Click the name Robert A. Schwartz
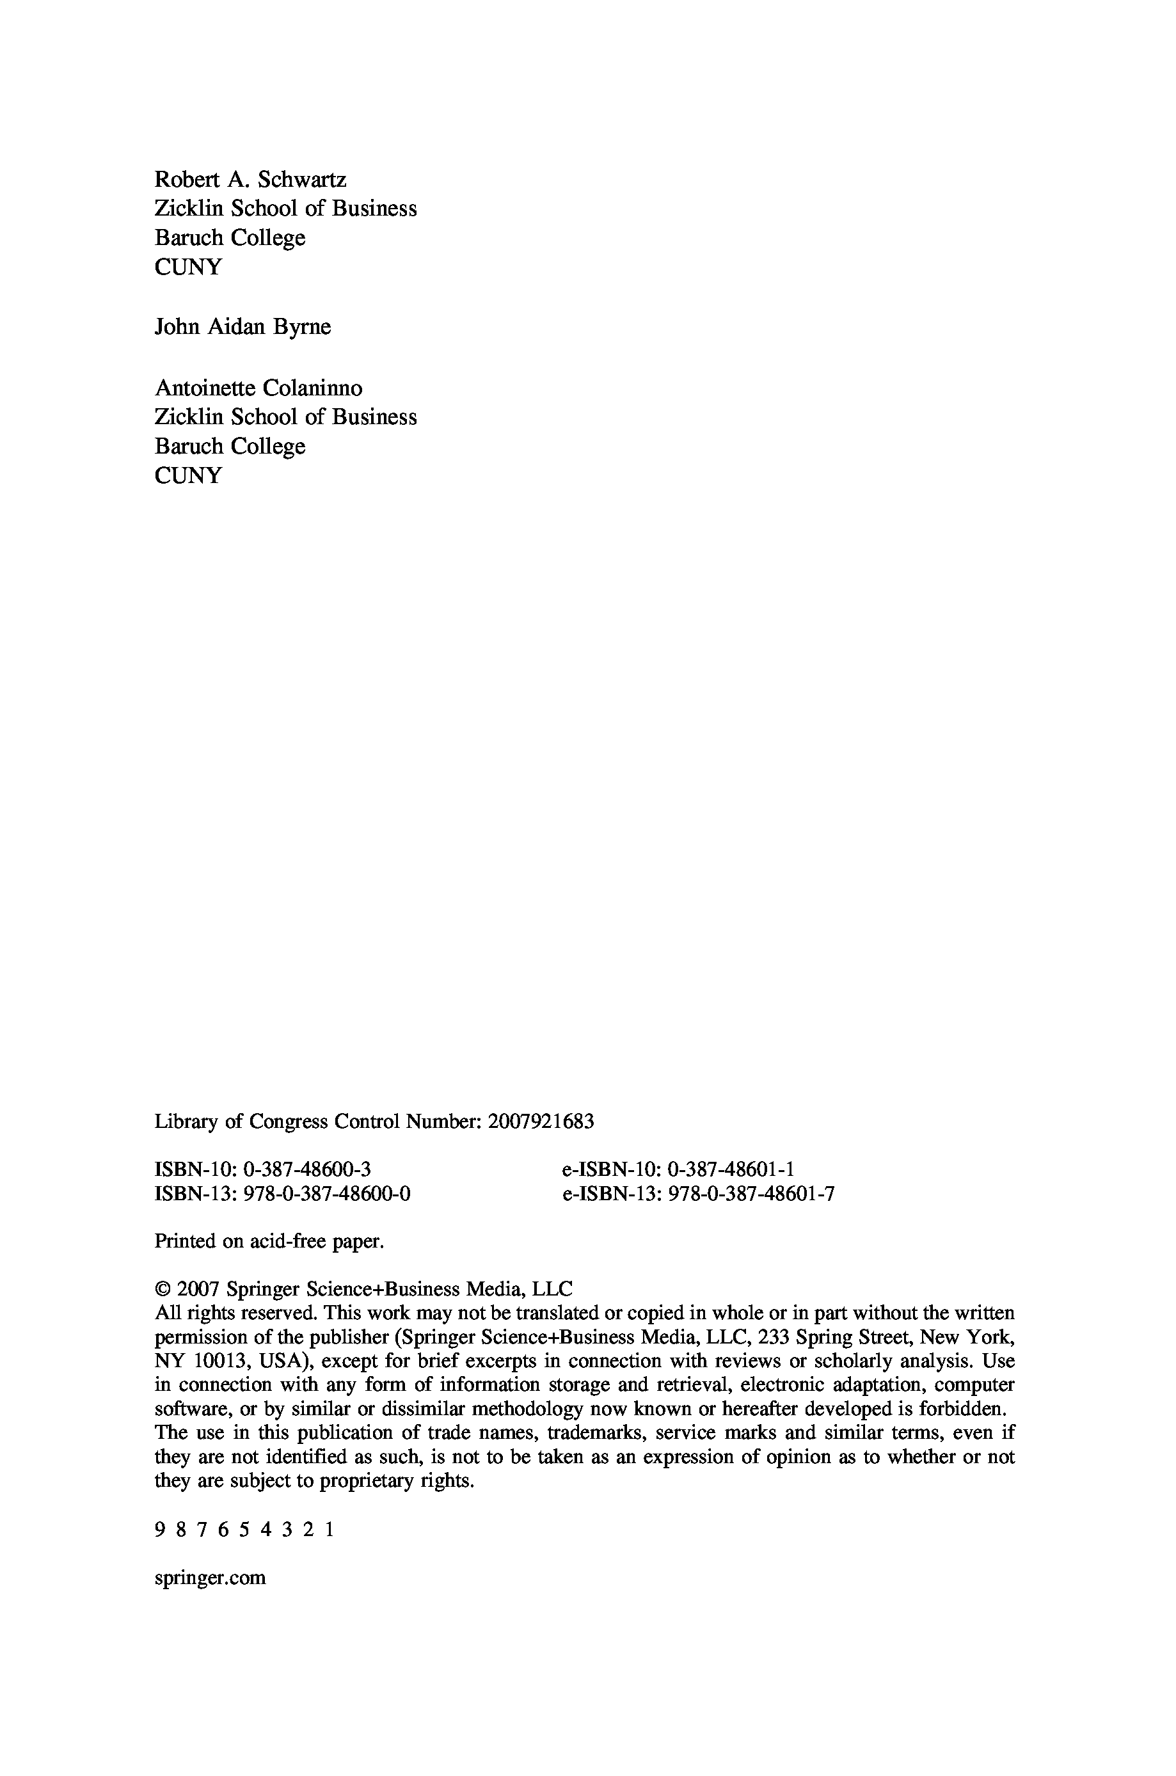point(251,180)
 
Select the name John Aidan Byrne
point(242,327)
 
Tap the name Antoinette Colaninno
point(258,388)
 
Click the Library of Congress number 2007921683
point(541,1122)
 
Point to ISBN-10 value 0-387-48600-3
point(308,1169)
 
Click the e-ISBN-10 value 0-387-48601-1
point(731,1169)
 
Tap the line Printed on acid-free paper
point(269,1241)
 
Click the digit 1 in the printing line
point(330,1529)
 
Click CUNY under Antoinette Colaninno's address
point(188,475)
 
